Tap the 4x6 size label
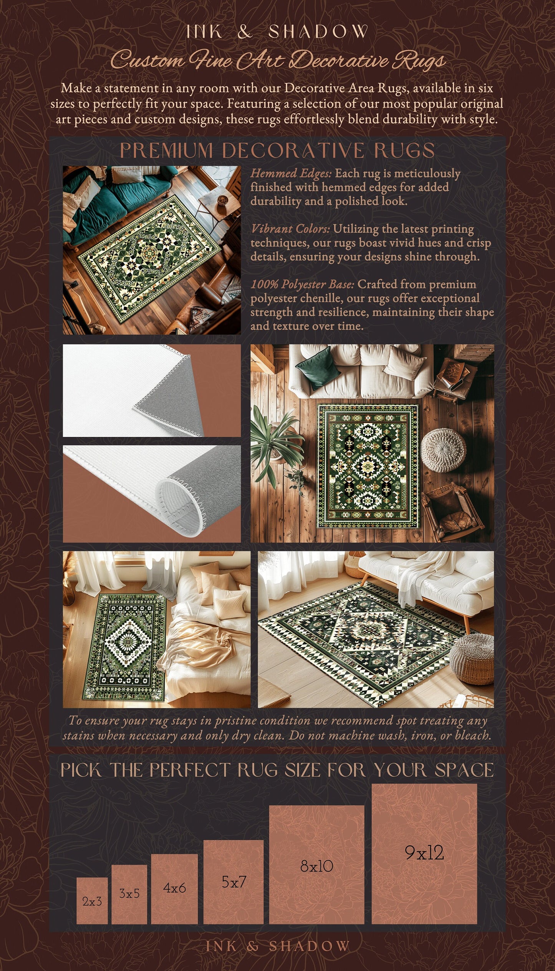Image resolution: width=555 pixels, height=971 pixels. point(174,888)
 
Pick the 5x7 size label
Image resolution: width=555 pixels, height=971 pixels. point(234,882)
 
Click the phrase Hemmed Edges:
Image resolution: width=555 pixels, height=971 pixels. point(291,174)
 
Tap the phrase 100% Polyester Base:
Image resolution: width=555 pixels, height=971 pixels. point(302,285)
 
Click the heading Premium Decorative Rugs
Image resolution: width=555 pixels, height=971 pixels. point(277,150)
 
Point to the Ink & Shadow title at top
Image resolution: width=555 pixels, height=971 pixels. point(277,31)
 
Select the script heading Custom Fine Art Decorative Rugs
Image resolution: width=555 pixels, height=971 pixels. point(277,60)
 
